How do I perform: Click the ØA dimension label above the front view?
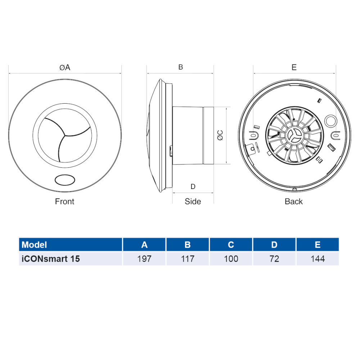(65, 67)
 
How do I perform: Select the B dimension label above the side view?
(181, 67)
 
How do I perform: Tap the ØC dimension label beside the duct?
(220, 135)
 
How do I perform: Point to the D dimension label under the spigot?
(193, 186)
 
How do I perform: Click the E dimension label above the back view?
(294, 67)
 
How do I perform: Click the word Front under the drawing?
(65, 202)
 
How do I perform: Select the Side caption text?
(193, 202)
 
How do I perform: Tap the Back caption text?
(294, 202)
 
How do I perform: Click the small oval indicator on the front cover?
(65, 179)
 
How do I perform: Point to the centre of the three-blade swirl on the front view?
(64, 136)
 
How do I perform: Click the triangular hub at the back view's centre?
(294, 135)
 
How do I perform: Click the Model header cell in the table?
(35, 245)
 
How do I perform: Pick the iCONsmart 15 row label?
(51, 258)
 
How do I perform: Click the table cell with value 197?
(144, 258)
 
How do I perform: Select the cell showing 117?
(188, 258)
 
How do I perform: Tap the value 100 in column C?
(231, 258)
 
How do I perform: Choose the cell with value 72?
(274, 258)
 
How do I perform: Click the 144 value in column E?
(317, 258)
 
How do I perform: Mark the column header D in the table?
(274, 245)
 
